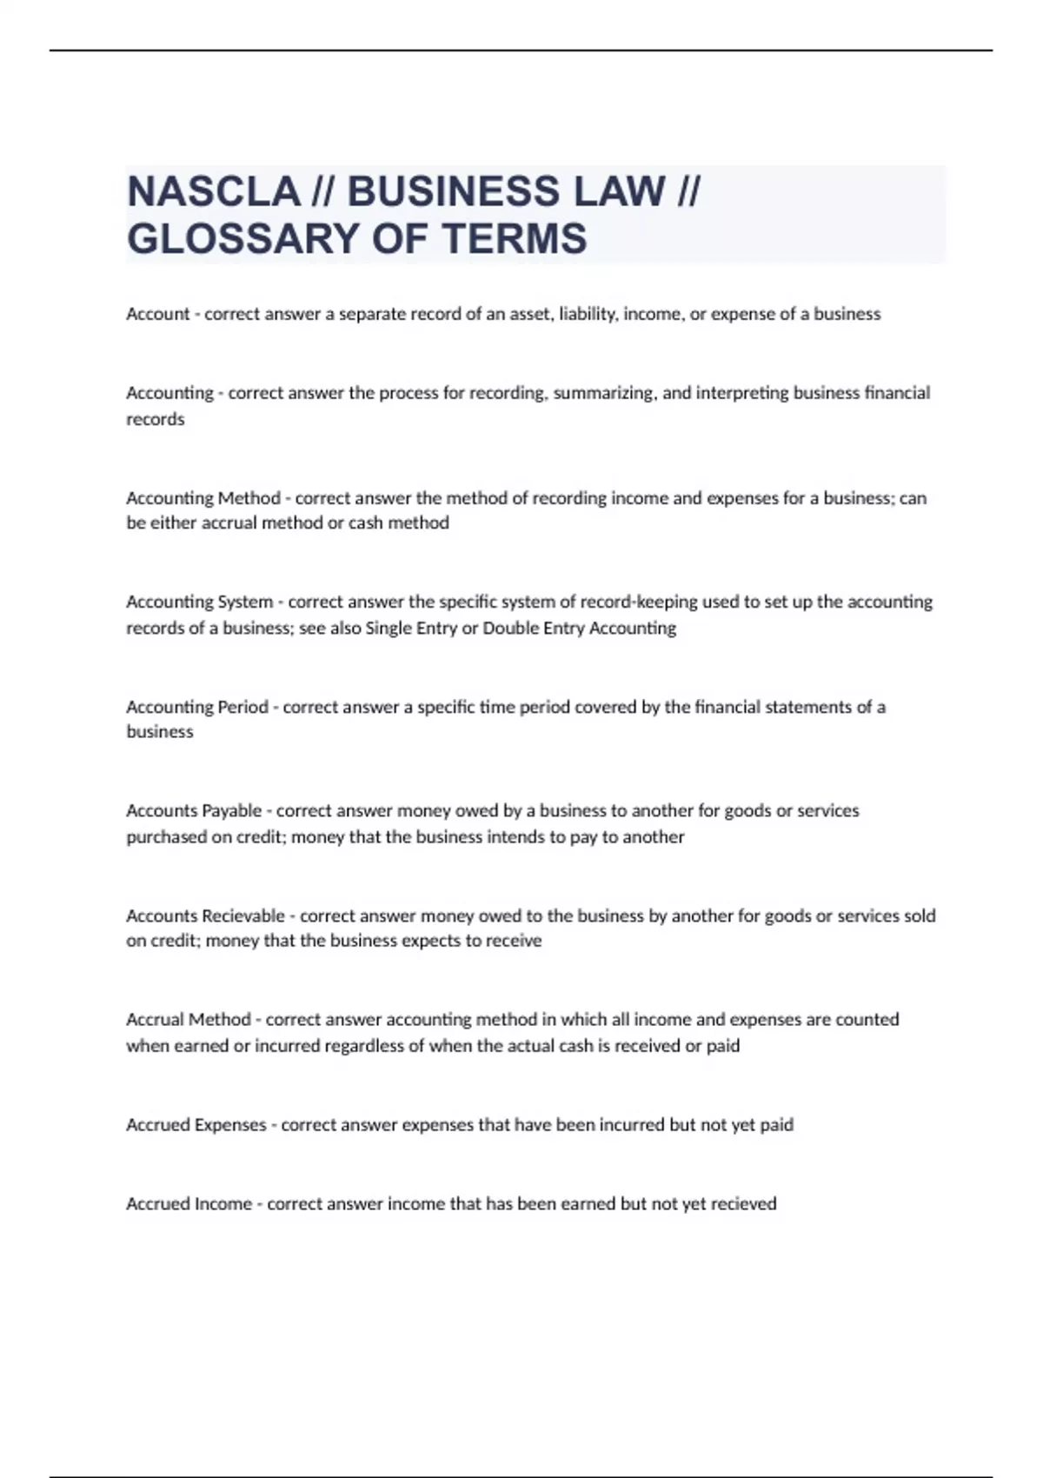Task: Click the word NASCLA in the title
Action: point(213,191)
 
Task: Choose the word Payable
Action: point(231,811)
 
